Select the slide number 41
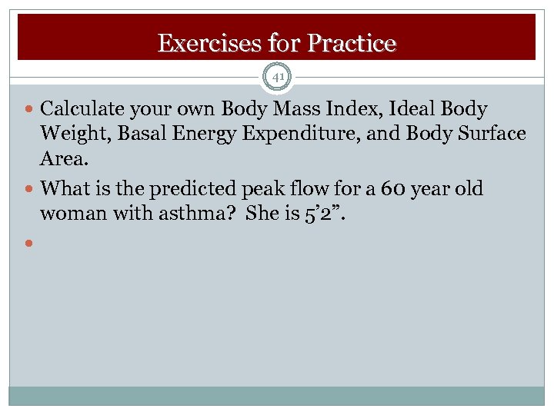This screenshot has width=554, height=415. [277, 77]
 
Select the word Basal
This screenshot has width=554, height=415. [142, 134]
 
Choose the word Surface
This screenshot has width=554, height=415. [490, 134]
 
